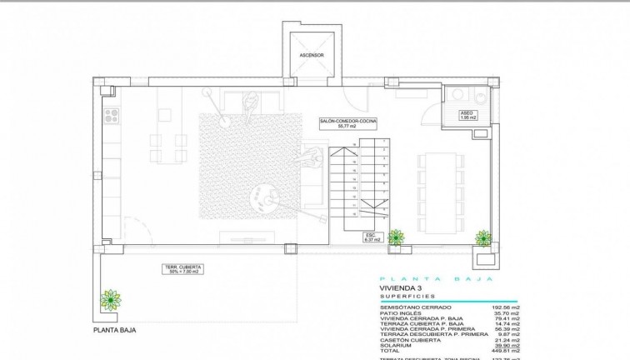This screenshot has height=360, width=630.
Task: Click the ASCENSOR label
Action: point(312,56)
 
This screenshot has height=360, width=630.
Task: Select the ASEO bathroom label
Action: point(467,116)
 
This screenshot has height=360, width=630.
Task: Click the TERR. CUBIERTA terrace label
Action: point(185,269)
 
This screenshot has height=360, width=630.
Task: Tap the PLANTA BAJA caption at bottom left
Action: point(115,330)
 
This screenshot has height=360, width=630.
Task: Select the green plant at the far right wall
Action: point(482,237)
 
